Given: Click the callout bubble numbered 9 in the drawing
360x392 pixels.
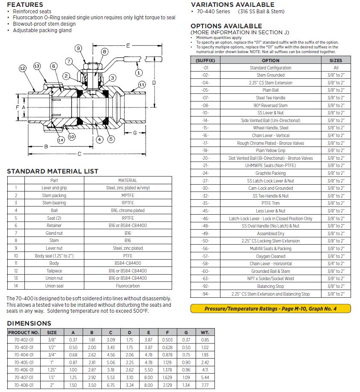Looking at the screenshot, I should [78, 48].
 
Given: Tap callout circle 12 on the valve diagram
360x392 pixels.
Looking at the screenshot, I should [23, 68].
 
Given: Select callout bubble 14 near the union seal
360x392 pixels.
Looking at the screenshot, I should [60, 140].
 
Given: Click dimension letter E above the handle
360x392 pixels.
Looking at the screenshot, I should [128, 45].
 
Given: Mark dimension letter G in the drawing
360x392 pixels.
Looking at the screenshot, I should [134, 132].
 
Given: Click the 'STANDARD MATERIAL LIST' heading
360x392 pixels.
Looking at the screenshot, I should [53, 171].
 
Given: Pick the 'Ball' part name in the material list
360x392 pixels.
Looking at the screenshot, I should [54, 210].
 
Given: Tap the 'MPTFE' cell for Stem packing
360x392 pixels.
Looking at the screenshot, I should [128, 195].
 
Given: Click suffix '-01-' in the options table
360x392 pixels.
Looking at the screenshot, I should [205, 68].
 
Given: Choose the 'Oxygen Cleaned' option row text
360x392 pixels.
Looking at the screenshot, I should [271, 256].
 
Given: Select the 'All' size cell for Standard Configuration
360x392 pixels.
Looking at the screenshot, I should [336, 68].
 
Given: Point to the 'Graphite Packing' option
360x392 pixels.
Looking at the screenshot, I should [271, 173].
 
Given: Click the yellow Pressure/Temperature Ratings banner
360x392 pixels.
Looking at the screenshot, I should [271, 308].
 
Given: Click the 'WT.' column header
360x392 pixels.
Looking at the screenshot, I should [205, 332].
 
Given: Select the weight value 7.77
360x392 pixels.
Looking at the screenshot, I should [205, 385].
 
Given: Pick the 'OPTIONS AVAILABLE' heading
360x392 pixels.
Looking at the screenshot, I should [226, 26].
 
